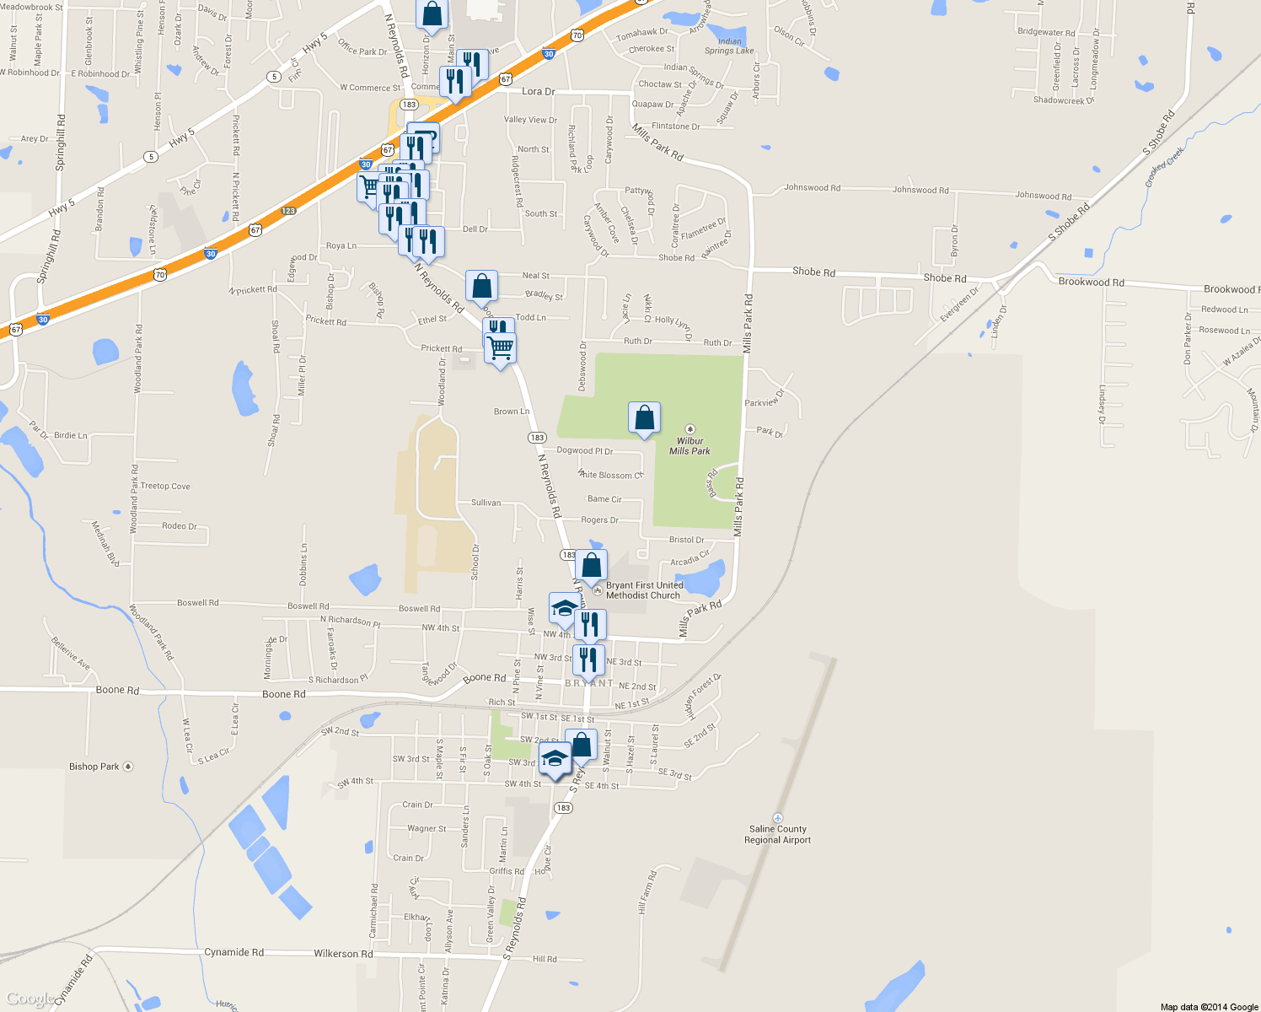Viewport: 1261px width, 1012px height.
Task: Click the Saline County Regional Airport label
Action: [x=777, y=834]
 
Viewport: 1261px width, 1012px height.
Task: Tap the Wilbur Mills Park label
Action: [x=690, y=446]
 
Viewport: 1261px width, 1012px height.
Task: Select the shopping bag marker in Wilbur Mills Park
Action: [x=644, y=418]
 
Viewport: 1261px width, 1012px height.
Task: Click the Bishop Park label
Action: [x=94, y=767]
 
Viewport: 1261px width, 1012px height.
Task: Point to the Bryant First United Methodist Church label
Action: [x=644, y=590]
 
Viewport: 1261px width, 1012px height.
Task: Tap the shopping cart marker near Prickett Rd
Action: [x=500, y=348]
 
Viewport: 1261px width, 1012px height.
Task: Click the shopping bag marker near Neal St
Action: [x=481, y=287]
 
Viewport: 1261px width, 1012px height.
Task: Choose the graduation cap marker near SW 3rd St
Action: [x=555, y=759]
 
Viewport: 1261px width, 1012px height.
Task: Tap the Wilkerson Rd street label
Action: [x=343, y=954]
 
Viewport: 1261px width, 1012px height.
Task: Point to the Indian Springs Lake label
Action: [x=730, y=46]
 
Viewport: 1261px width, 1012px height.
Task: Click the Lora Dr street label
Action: [x=538, y=91]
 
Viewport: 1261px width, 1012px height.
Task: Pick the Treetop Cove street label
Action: [x=165, y=486]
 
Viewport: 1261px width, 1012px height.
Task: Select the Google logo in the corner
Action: [x=30, y=999]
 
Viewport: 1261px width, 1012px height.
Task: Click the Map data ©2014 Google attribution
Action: [x=1209, y=1006]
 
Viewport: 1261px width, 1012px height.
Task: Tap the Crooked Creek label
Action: [x=1165, y=167]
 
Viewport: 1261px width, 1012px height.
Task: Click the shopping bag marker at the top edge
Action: [x=432, y=13]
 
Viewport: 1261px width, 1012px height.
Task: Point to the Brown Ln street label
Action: [x=511, y=412]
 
